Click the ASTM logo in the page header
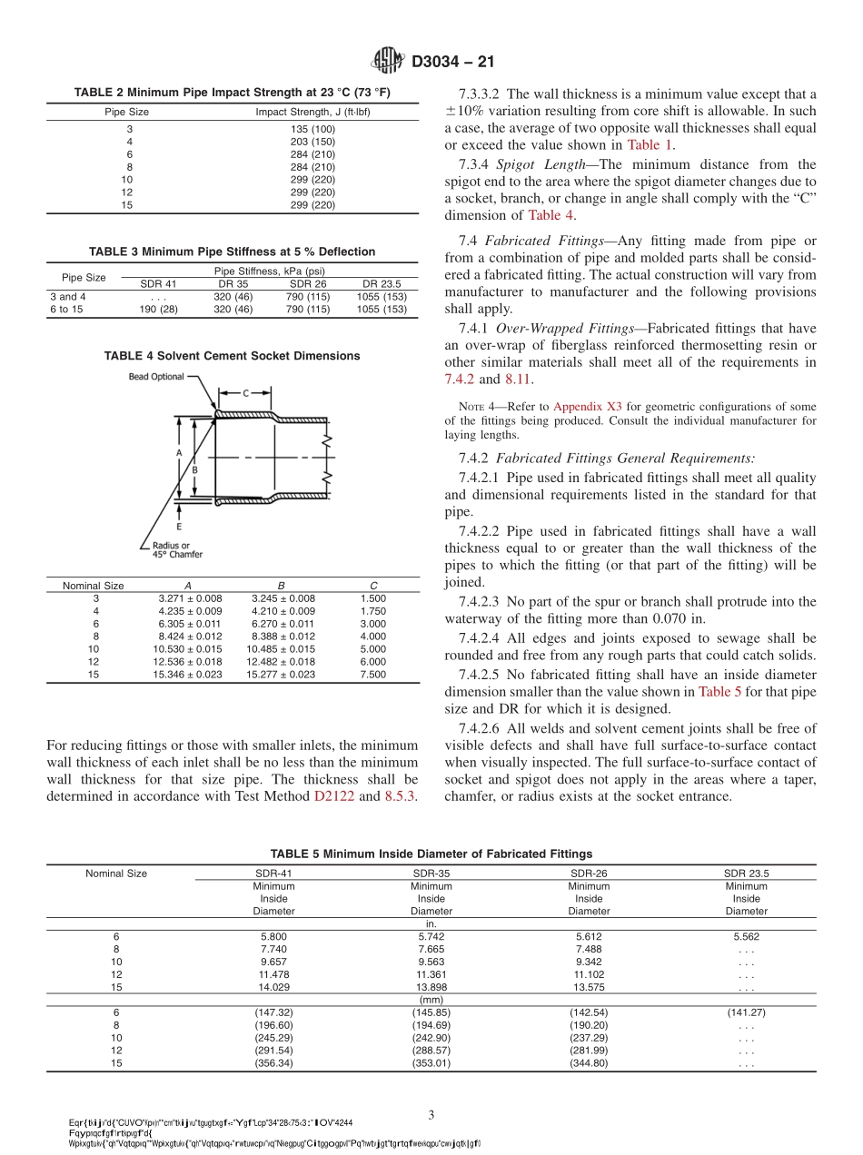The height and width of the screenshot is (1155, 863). pos(388,62)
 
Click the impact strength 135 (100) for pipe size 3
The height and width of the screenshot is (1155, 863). pos(312,129)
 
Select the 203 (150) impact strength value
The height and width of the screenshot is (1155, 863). pos(312,142)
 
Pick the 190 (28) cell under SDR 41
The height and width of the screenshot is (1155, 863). pos(157,309)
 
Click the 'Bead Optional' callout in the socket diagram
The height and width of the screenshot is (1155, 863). pos(155,377)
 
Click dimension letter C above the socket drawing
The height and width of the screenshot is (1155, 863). pos(244,392)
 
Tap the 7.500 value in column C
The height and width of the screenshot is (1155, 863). pos(372,675)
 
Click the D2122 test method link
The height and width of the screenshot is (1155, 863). pos(334,796)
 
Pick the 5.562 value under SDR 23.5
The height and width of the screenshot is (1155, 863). pos(746,936)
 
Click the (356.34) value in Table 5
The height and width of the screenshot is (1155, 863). pos(273,1064)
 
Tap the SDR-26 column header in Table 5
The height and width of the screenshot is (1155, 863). pos(589,874)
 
